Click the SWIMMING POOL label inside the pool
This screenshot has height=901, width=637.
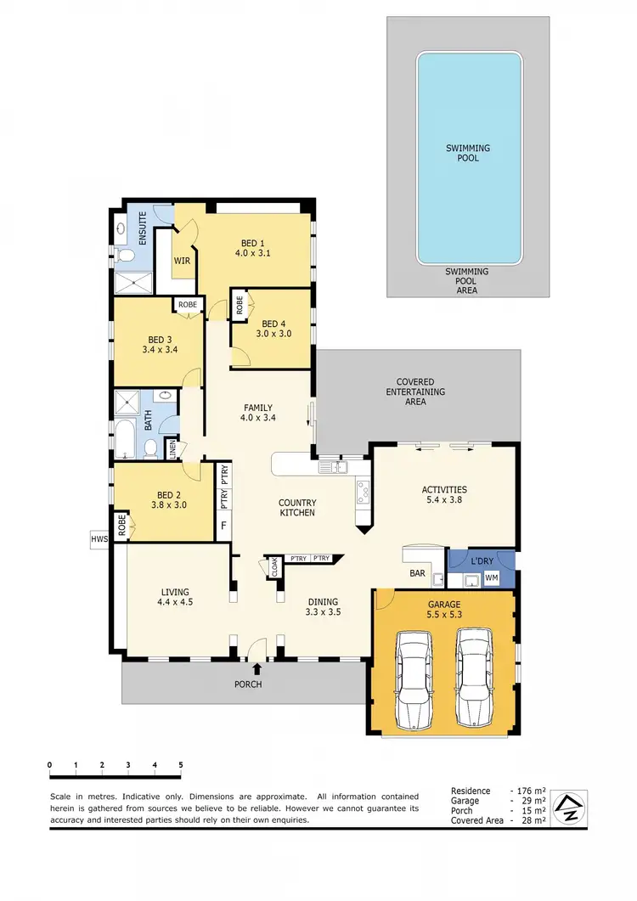(468, 153)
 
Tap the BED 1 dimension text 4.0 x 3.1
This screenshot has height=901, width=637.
(252, 252)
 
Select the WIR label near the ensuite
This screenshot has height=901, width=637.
(182, 260)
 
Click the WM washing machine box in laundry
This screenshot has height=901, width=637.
(491, 578)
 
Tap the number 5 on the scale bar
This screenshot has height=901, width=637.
(181, 765)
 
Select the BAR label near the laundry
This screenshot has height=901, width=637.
(417, 573)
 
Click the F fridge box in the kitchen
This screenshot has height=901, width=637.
(223, 525)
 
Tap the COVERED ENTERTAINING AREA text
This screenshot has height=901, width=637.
(415, 391)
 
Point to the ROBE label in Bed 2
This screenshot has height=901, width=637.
(121, 526)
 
